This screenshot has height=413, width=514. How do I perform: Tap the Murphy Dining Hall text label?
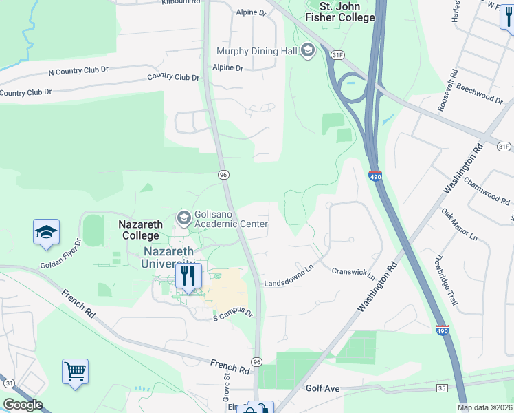[x=256, y=51]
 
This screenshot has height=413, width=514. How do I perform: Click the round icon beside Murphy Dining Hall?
[x=308, y=50]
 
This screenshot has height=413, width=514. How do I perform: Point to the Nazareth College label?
[x=142, y=230]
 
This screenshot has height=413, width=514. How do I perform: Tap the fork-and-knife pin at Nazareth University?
[x=187, y=276]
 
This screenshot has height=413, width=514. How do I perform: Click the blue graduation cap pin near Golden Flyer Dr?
[x=46, y=233]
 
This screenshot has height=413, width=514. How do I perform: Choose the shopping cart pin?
[x=75, y=372]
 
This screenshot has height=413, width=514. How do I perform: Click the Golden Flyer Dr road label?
[x=61, y=253]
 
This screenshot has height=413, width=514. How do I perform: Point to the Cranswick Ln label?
[x=354, y=273]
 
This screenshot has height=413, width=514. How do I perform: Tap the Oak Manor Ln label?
[x=459, y=225]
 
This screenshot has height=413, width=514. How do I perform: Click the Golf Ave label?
[x=323, y=389]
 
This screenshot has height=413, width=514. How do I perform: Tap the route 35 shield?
[x=440, y=389]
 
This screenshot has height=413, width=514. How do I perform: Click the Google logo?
[x=23, y=405]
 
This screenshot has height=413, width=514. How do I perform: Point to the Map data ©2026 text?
[x=485, y=407]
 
